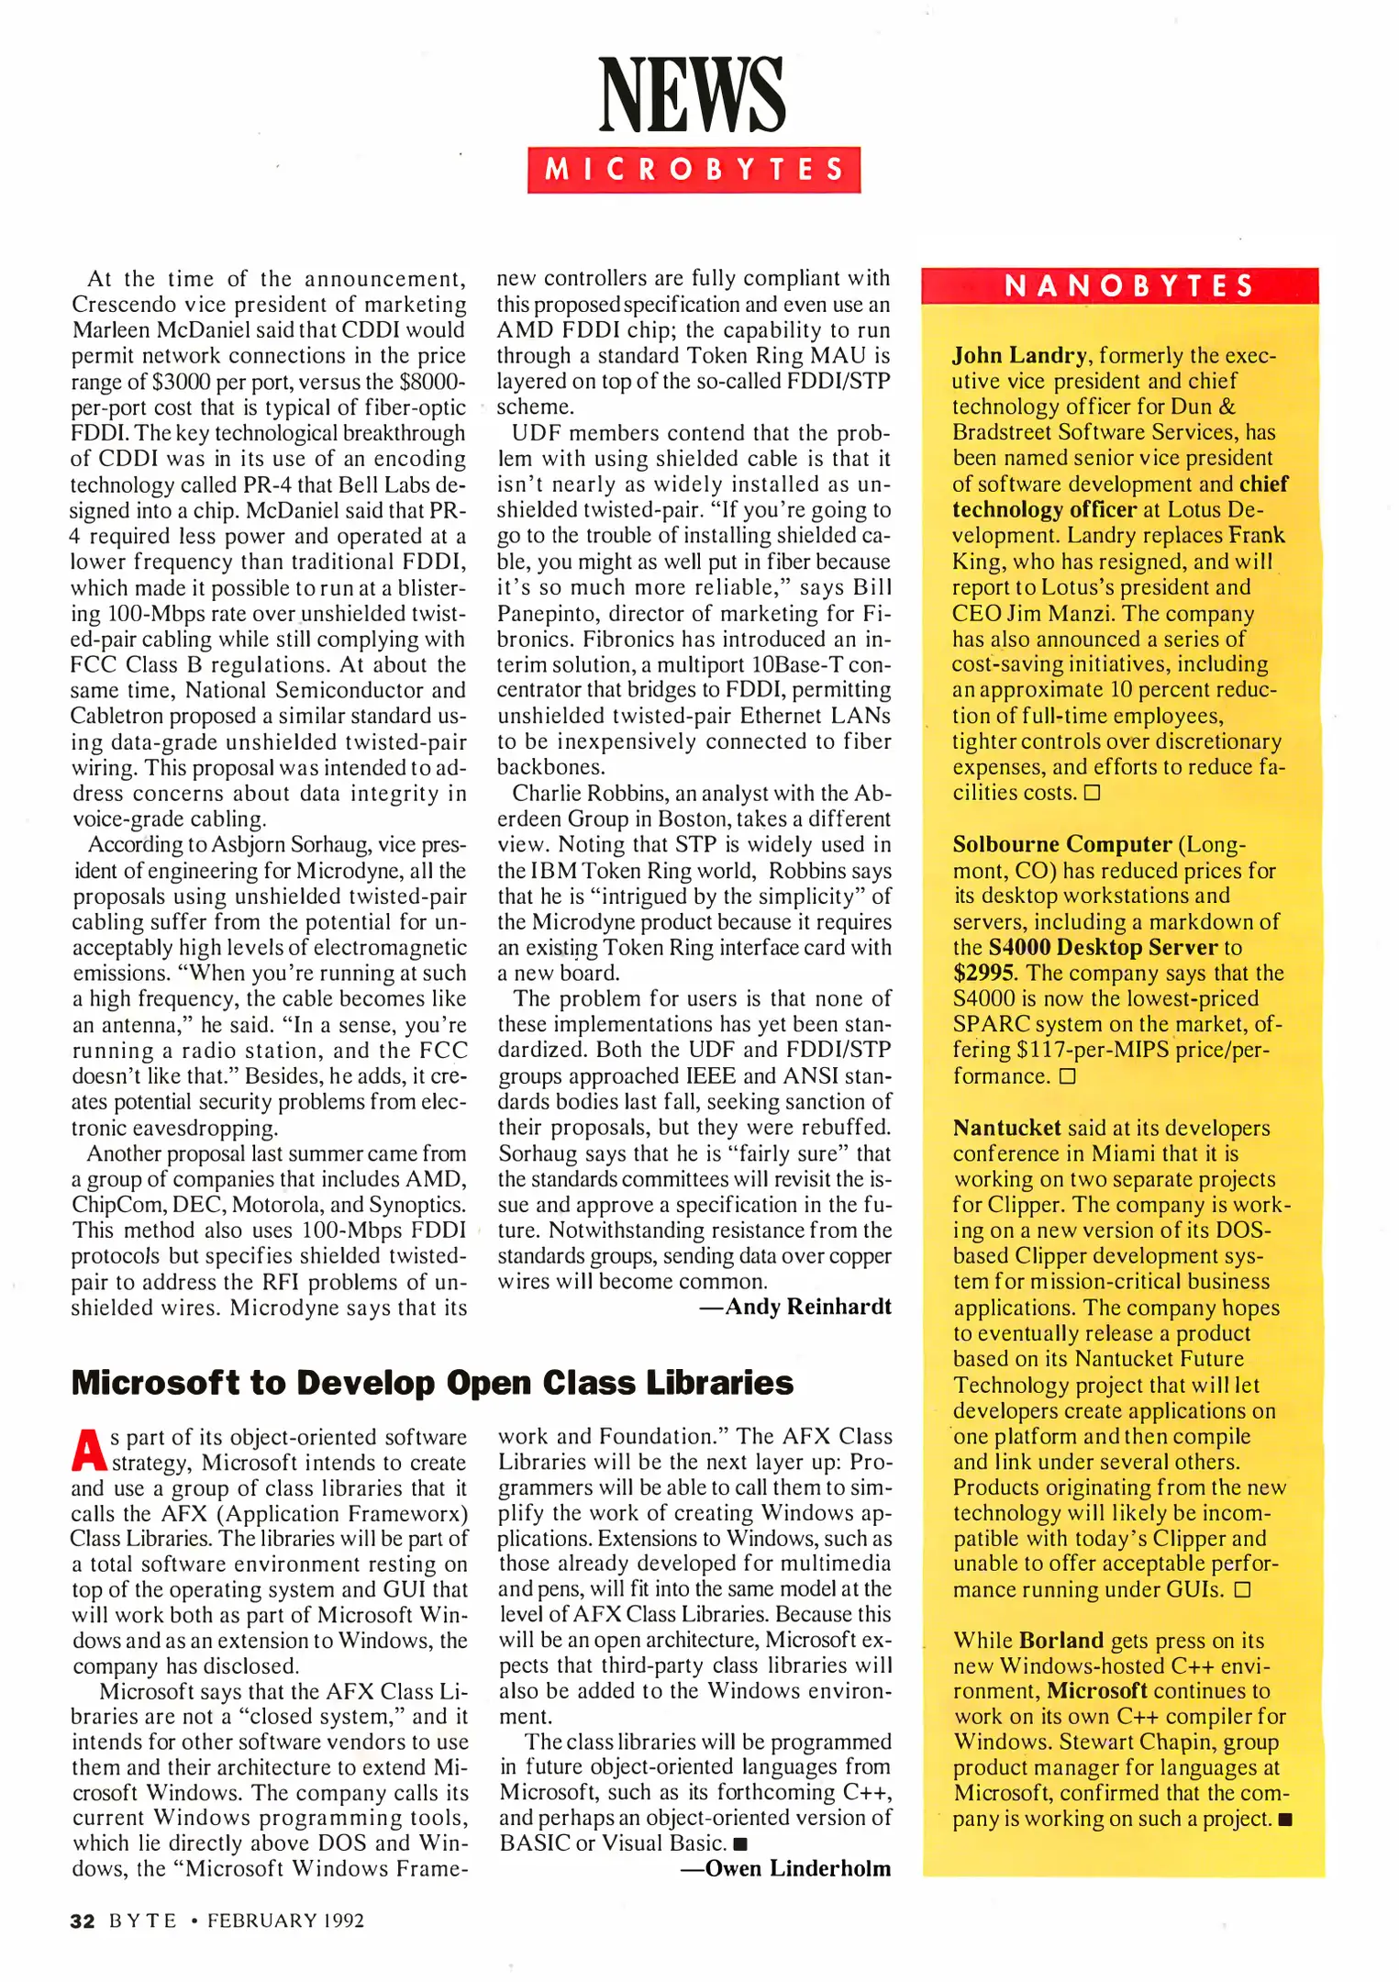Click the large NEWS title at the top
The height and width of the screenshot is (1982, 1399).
pos(693,95)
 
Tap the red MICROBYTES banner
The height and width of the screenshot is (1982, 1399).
pos(694,170)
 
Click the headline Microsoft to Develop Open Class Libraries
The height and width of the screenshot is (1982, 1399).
pos(432,1382)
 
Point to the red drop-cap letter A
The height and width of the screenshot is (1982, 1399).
pos(88,1450)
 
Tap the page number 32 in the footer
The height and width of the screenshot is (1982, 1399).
pos(83,1921)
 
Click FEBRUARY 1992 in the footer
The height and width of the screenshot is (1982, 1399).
pos(285,1921)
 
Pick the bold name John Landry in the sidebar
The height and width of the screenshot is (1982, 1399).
pos(1018,355)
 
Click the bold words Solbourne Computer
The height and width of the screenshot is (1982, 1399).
pos(1062,844)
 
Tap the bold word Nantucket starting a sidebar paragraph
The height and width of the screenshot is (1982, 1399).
pos(1006,1128)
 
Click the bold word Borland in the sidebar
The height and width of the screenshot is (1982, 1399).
pos(1060,1641)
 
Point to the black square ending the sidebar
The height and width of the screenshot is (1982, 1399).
pos(1285,1821)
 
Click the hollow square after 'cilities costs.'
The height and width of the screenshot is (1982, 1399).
pos(1092,793)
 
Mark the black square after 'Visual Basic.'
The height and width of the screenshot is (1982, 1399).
pos(741,1843)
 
